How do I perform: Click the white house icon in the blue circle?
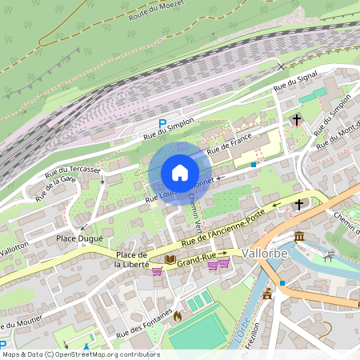(179, 173)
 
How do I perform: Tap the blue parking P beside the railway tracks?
(162, 124)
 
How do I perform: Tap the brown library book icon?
(170, 259)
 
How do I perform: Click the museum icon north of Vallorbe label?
(299, 237)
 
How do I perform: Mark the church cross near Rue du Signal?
(297, 119)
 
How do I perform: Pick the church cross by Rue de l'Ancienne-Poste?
(299, 205)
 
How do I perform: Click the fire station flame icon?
(177, 316)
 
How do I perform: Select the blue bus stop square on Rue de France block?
(254, 164)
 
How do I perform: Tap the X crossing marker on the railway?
(280, 66)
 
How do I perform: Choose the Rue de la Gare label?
(55, 189)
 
